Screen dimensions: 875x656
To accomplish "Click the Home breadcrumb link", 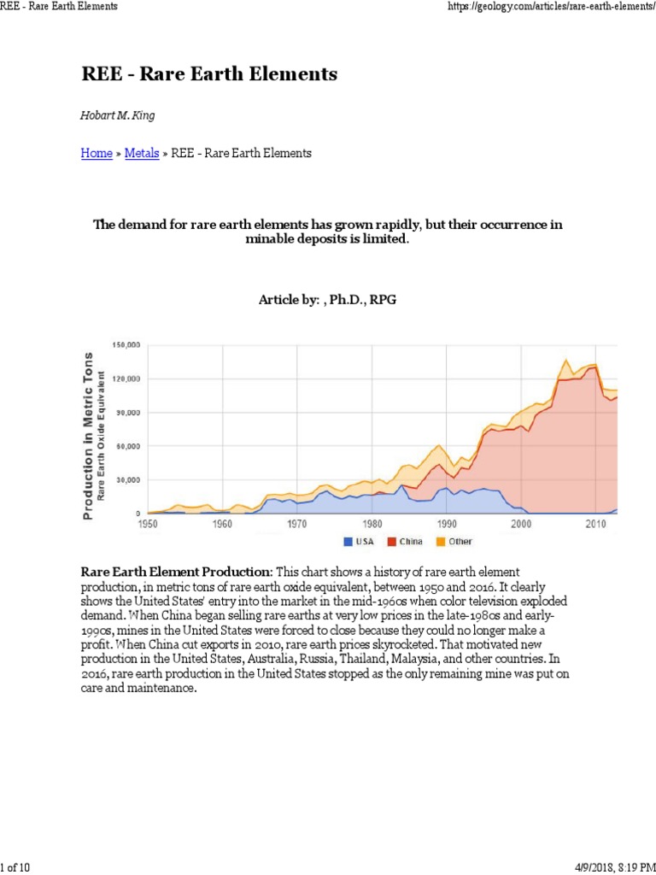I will [x=97, y=154].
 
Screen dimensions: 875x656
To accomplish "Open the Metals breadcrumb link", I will [x=142, y=154].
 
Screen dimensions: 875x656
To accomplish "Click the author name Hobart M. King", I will [x=116, y=115].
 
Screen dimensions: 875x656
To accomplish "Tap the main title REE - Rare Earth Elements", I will [x=209, y=74].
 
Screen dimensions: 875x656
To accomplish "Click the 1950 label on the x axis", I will [x=148, y=523].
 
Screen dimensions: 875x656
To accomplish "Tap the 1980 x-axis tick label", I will [x=372, y=523].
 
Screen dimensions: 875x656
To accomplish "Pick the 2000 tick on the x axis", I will [x=521, y=523].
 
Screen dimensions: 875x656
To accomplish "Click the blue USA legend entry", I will [x=357, y=542].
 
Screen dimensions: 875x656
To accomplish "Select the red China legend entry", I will [x=404, y=542].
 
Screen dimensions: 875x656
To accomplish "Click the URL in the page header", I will [x=551, y=7].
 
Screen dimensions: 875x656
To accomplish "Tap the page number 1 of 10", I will [x=15, y=868].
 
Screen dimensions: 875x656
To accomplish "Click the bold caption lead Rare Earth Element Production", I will [x=177, y=571].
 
